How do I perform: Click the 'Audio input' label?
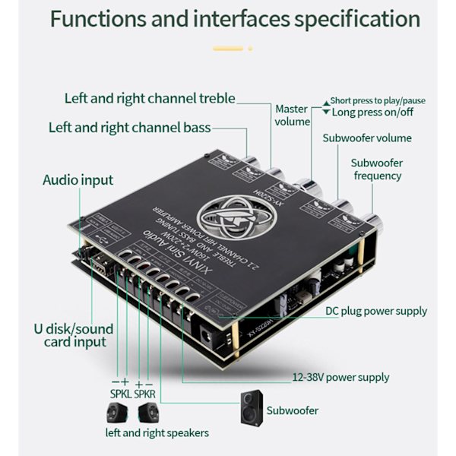78,180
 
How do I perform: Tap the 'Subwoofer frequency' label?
377,169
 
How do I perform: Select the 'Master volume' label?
293,116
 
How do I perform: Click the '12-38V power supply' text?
341,377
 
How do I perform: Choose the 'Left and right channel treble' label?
150,98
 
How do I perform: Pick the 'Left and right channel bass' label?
130,128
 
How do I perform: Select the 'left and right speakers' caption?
157,433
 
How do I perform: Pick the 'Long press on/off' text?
373,112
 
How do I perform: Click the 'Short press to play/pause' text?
378,101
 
